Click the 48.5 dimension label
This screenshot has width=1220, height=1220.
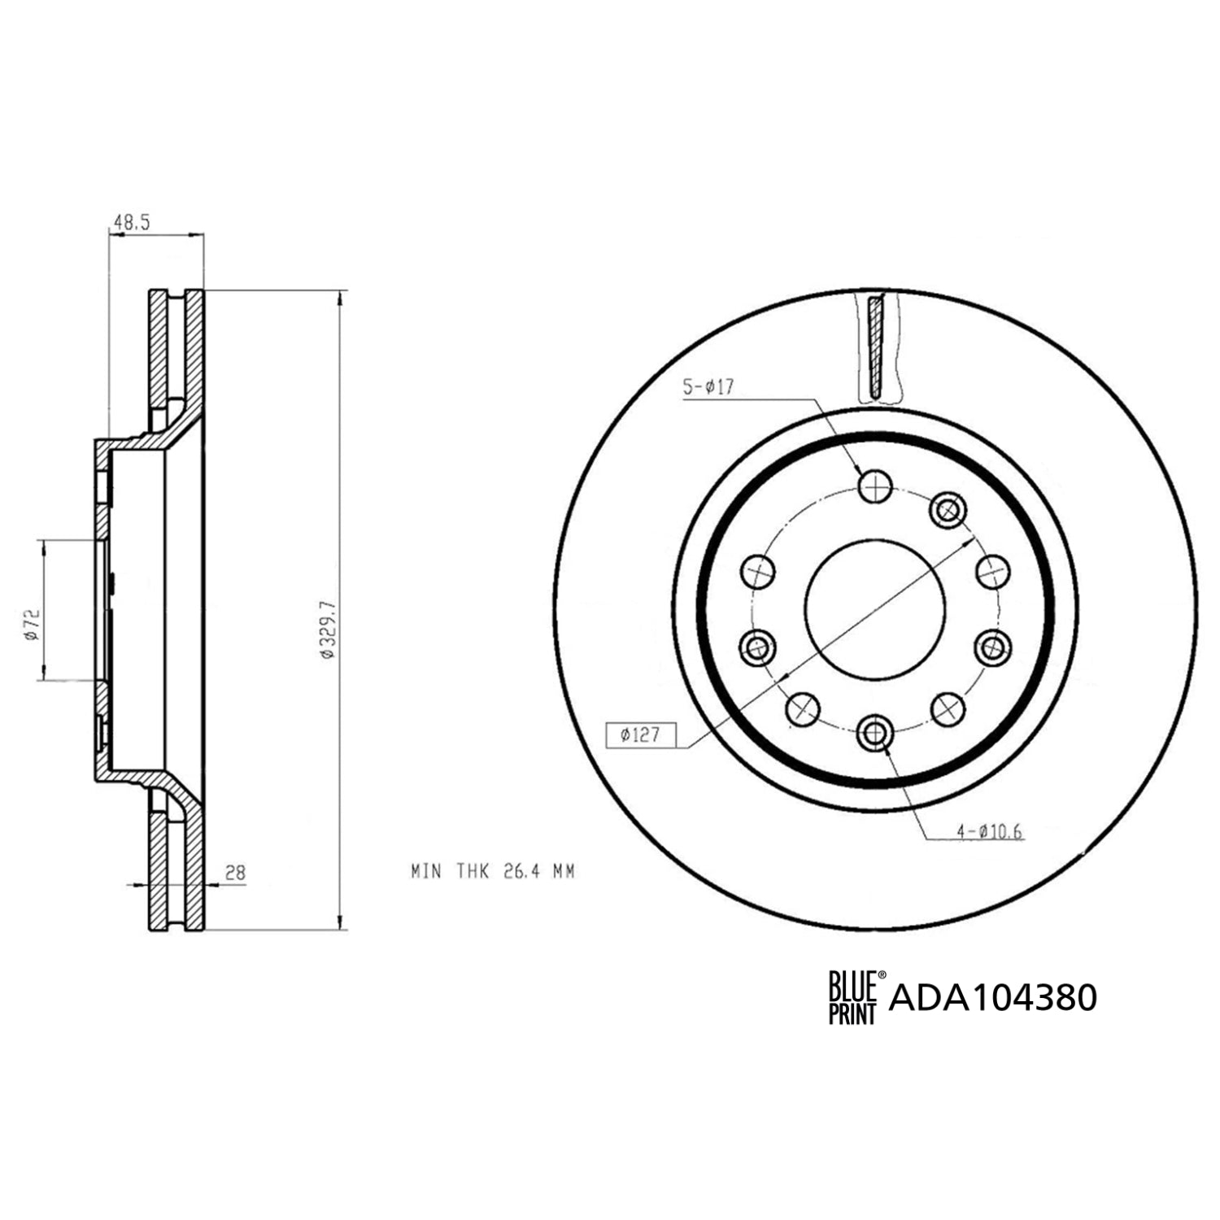133,222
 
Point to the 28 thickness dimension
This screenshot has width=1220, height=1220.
235,873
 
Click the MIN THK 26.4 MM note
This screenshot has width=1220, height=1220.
493,872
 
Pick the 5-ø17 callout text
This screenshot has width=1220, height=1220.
708,388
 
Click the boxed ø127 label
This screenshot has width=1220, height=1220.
640,735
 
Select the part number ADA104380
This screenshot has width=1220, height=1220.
993,997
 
